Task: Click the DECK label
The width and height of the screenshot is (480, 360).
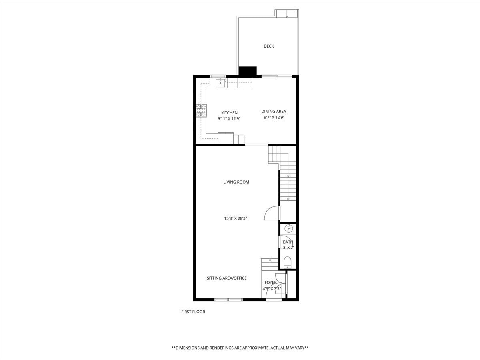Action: (x=269, y=46)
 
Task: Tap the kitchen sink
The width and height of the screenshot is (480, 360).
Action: (x=220, y=83)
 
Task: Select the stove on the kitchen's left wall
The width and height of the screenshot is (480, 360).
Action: (x=201, y=110)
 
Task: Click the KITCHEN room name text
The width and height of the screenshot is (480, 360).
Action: (x=229, y=113)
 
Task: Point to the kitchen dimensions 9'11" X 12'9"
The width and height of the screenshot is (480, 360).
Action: (x=229, y=119)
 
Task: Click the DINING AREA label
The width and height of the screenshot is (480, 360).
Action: (x=274, y=112)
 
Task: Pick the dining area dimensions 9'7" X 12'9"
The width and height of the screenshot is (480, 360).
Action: (x=274, y=118)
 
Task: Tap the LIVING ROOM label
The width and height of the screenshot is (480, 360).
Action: (x=236, y=182)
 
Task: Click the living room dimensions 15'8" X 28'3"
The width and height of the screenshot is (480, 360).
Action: (x=236, y=218)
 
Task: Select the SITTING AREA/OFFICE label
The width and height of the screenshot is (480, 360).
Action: (x=226, y=278)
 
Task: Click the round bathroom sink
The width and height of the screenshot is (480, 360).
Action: (x=288, y=229)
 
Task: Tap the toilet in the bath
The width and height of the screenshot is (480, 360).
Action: (x=288, y=262)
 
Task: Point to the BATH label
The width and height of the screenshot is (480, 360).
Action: (x=288, y=242)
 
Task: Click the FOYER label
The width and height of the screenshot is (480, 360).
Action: (x=270, y=282)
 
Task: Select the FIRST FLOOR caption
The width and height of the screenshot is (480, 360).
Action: (x=193, y=312)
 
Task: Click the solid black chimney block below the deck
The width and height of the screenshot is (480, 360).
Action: (x=247, y=71)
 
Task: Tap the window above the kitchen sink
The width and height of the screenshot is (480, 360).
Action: (x=218, y=76)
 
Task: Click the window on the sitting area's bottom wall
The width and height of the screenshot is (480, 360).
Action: (x=228, y=300)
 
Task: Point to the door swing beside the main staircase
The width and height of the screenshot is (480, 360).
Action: (x=272, y=213)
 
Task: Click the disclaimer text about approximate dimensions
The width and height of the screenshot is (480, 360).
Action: (x=240, y=348)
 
